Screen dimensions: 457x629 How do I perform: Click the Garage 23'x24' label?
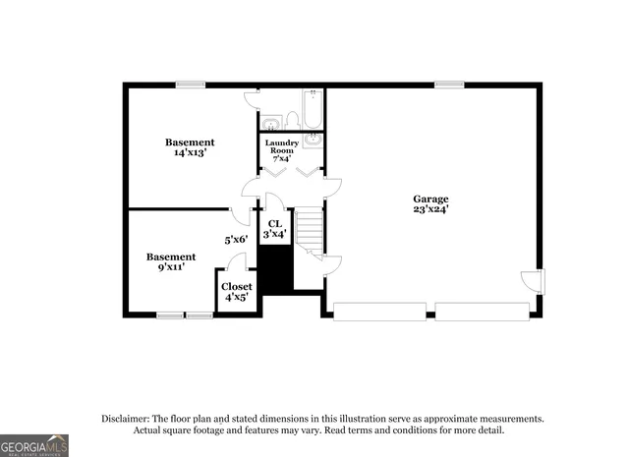click(430, 203)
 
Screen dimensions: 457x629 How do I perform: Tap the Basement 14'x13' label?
click(190, 147)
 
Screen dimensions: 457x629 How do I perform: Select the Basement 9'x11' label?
click(171, 261)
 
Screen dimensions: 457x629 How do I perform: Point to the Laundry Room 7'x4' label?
click(281, 150)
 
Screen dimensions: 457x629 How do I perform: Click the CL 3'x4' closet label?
click(275, 228)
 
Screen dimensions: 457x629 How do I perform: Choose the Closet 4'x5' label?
click(236, 291)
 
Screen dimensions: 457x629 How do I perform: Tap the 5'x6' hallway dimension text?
click(236, 239)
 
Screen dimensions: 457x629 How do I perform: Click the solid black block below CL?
click(276, 268)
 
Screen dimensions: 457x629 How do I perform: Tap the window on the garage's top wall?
click(449, 85)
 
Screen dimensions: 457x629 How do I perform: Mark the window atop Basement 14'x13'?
click(191, 85)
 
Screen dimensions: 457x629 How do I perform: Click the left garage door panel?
click(379, 312)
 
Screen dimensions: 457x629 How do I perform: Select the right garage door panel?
click(482, 312)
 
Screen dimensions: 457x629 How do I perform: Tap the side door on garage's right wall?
click(532, 280)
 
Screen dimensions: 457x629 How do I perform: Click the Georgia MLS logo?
click(34, 444)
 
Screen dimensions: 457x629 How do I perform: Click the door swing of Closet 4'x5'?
click(236, 261)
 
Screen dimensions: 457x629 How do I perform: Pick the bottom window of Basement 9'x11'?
click(185, 315)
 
